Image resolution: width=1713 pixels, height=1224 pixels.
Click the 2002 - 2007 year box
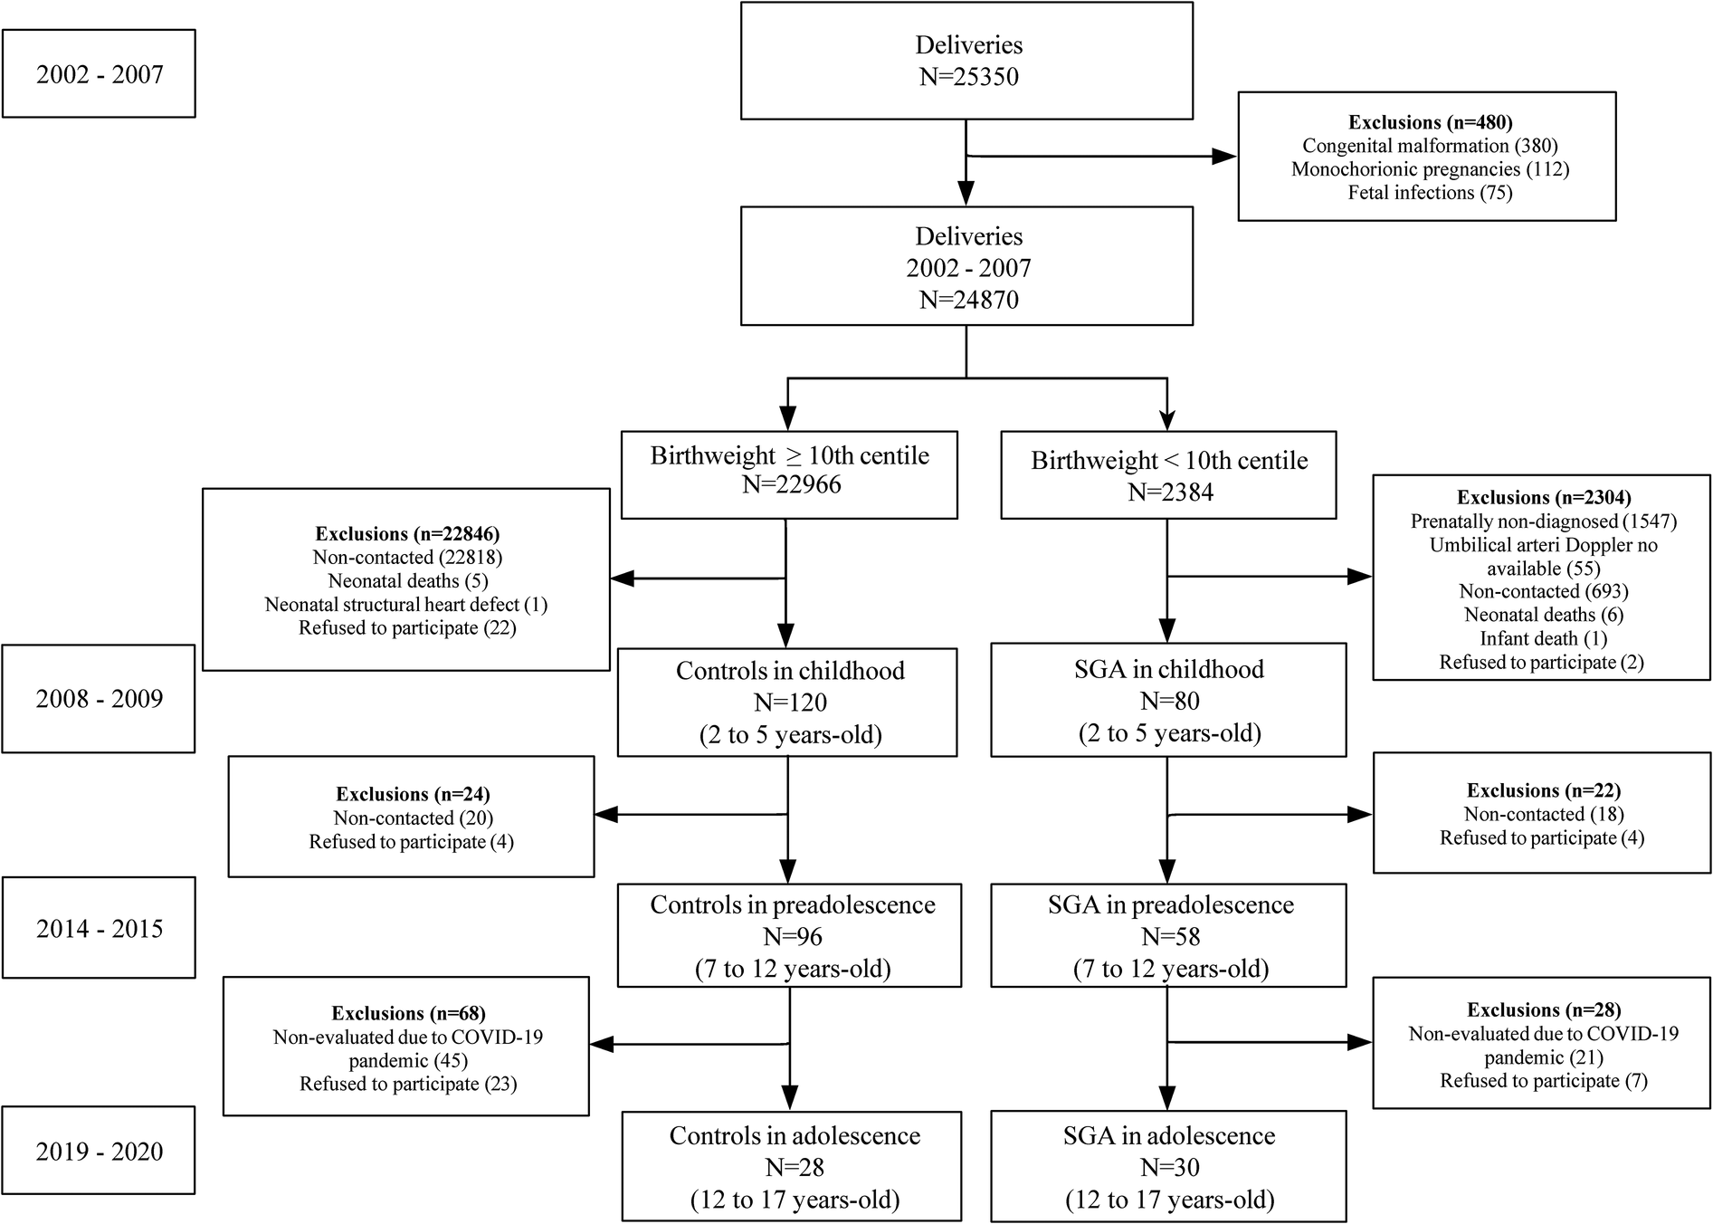click(99, 74)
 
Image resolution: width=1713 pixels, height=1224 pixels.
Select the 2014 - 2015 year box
click(99, 928)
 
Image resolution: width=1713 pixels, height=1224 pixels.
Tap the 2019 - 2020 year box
click(99, 1151)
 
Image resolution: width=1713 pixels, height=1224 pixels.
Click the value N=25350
click(968, 77)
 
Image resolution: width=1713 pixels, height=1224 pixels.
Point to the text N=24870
click(968, 300)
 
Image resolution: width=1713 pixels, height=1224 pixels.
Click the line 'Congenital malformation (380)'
click(1430, 146)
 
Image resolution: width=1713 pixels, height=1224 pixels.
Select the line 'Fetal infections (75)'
click(1430, 193)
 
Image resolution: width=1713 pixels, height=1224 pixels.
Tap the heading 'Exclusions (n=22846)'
click(406, 534)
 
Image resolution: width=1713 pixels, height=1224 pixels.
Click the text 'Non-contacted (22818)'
click(406, 558)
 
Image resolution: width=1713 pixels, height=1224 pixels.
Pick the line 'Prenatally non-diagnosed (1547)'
click(1543, 521)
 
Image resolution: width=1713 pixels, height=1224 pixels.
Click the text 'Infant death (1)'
click(1543, 639)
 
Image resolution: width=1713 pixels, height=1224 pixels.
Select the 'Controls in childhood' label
click(789, 671)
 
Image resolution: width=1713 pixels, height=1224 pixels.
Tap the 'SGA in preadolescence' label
click(1170, 905)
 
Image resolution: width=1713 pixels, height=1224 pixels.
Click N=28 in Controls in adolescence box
click(794, 1168)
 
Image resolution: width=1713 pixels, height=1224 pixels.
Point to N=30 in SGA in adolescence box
click(1170, 1168)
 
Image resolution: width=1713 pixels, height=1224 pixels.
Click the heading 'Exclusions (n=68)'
click(408, 1014)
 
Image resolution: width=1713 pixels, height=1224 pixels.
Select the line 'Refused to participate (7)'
click(1543, 1081)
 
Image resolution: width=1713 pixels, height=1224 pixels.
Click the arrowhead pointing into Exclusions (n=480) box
click(1224, 157)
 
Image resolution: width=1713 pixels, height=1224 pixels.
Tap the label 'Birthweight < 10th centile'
click(1168, 461)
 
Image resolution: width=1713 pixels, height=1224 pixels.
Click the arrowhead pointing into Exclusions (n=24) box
click(605, 815)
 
